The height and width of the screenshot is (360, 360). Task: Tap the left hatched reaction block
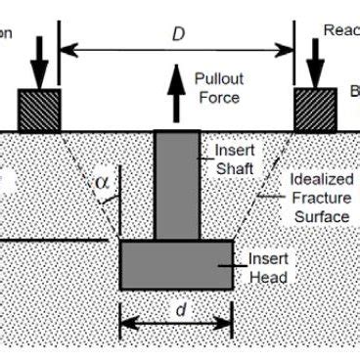[x=39, y=110]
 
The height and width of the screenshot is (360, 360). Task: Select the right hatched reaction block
[x=315, y=110]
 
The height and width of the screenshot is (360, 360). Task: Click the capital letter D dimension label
[x=179, y=34]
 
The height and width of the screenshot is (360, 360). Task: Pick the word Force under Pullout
[x=217, y=97]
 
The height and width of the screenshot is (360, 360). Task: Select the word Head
[x=268, y=278]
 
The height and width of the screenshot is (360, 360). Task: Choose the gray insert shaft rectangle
[x=177, y=186]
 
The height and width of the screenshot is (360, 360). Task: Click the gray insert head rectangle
[x=176, y=264]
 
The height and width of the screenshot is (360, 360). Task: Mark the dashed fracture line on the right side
[x=264, y=186]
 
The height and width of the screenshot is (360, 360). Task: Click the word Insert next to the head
[x=267, y=260]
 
